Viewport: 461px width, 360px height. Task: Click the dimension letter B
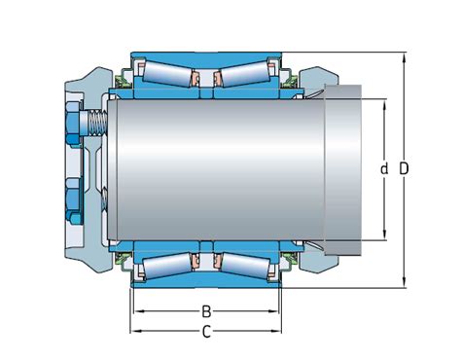click(206, 312)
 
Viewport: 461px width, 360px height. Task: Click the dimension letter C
click(206, 332)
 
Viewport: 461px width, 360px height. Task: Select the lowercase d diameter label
click(384, 169)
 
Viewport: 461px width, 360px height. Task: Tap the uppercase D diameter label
click(404, 169)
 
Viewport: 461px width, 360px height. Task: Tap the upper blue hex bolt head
click(73, 124)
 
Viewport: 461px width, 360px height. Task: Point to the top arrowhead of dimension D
click(405, 55)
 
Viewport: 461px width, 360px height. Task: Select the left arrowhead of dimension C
click(134, 331)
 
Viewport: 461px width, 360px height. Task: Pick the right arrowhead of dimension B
click(277, 311)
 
